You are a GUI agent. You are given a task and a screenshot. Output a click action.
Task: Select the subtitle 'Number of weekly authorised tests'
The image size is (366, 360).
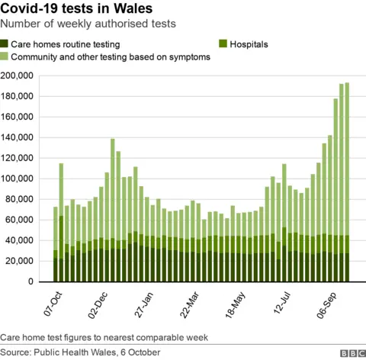tap(89, 24)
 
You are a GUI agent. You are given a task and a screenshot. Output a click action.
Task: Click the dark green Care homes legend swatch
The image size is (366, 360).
tap(5, 44)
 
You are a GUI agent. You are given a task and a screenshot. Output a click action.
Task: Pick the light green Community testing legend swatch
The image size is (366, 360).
tap(5, 57)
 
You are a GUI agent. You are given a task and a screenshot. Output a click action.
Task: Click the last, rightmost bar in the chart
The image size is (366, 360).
tap(347, 183)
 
